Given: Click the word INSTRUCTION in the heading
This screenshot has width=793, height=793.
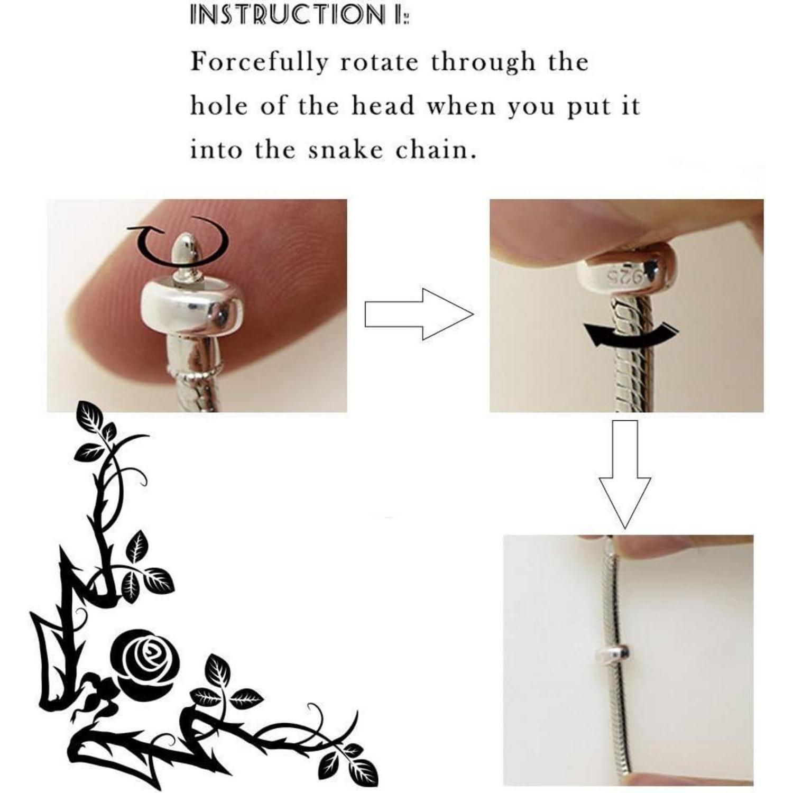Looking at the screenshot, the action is [288, 15].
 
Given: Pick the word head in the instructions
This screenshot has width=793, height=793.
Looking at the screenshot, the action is [383, 106].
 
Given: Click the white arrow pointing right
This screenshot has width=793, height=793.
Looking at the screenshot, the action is [419, 314].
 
